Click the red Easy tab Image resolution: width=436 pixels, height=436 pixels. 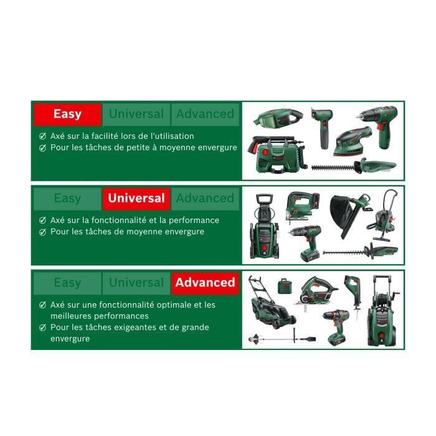point(67,114)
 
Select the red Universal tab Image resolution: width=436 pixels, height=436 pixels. point(136,198)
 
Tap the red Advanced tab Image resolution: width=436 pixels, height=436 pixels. point(205,282)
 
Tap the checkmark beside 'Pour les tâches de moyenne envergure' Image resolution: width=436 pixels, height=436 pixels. point(42,232)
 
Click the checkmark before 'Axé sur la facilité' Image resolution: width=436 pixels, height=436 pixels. point(42,136)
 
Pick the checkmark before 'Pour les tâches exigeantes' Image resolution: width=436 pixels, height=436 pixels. point(42,327)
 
